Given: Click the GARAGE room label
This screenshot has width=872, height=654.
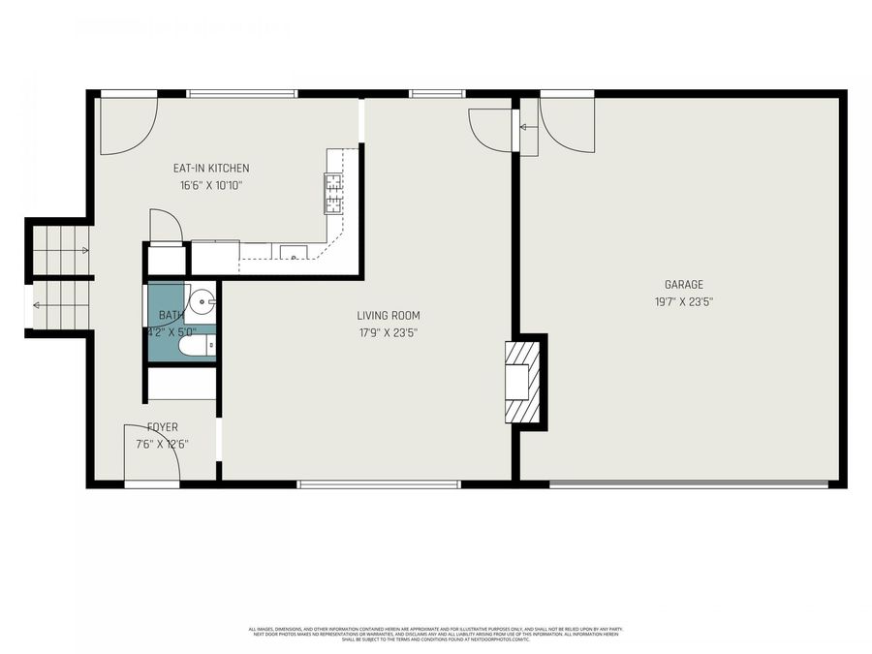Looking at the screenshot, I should (x=683, y=285).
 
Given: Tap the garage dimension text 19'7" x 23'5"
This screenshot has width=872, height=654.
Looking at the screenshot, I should (x=683, y=301).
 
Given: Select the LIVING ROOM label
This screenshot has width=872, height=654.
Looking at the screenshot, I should (x=389, y=315).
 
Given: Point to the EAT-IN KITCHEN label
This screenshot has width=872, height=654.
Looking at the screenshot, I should (x=211, y=169).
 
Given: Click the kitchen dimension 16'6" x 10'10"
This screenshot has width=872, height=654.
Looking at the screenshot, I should (x=210, y=185).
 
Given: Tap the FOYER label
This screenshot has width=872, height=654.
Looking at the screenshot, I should (x=163, y=427).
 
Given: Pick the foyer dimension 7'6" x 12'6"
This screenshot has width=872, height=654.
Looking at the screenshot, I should (x=163, y=444).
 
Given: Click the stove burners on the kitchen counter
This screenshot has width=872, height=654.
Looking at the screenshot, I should (x=333, y=193).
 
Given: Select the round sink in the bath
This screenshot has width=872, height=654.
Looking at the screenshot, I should (x=202, y=302).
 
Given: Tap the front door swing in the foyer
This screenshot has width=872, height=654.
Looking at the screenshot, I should (x=152, y=453).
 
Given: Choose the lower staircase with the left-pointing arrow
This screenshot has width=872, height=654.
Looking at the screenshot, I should (x=61, y=305).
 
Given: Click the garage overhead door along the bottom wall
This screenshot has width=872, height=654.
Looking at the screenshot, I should (x=689, y=483).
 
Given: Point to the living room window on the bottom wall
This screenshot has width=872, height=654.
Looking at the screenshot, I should (x=379, y=483).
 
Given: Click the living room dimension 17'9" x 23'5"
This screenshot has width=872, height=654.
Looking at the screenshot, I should (x=389, y=331).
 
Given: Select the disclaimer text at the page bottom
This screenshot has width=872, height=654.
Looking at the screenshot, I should (x=436, y=634).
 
